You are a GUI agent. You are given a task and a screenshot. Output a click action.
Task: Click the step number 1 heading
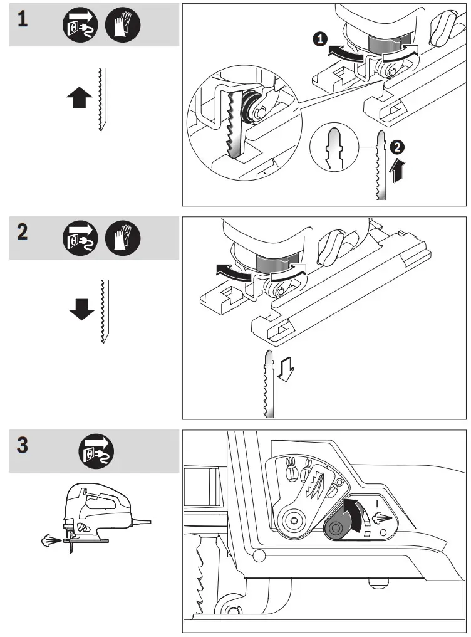(x=23, y=20)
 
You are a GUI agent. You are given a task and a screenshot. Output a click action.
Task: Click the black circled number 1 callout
(x=320, y=39)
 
